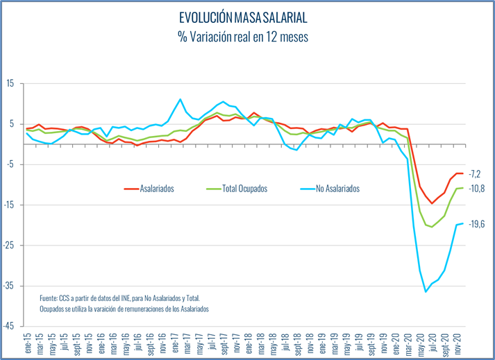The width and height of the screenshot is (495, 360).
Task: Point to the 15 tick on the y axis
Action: coord(10,83)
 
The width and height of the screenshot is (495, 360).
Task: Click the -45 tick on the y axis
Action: coord(9,326)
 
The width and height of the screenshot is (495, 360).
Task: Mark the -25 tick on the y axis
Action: coord(9,245)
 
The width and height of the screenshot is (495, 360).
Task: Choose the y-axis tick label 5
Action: coord(12,124)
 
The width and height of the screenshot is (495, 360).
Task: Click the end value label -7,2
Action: coord(475,173)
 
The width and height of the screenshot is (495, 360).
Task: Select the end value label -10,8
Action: coord(476,189)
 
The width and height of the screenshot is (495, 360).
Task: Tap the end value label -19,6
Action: coord(476,223)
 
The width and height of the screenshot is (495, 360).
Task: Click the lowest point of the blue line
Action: coord(426,292)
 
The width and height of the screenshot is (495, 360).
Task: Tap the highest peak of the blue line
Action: coord(181,99)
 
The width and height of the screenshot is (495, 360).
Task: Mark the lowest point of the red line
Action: coord(432,203)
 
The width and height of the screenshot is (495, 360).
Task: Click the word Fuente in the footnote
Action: coord(50,295)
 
